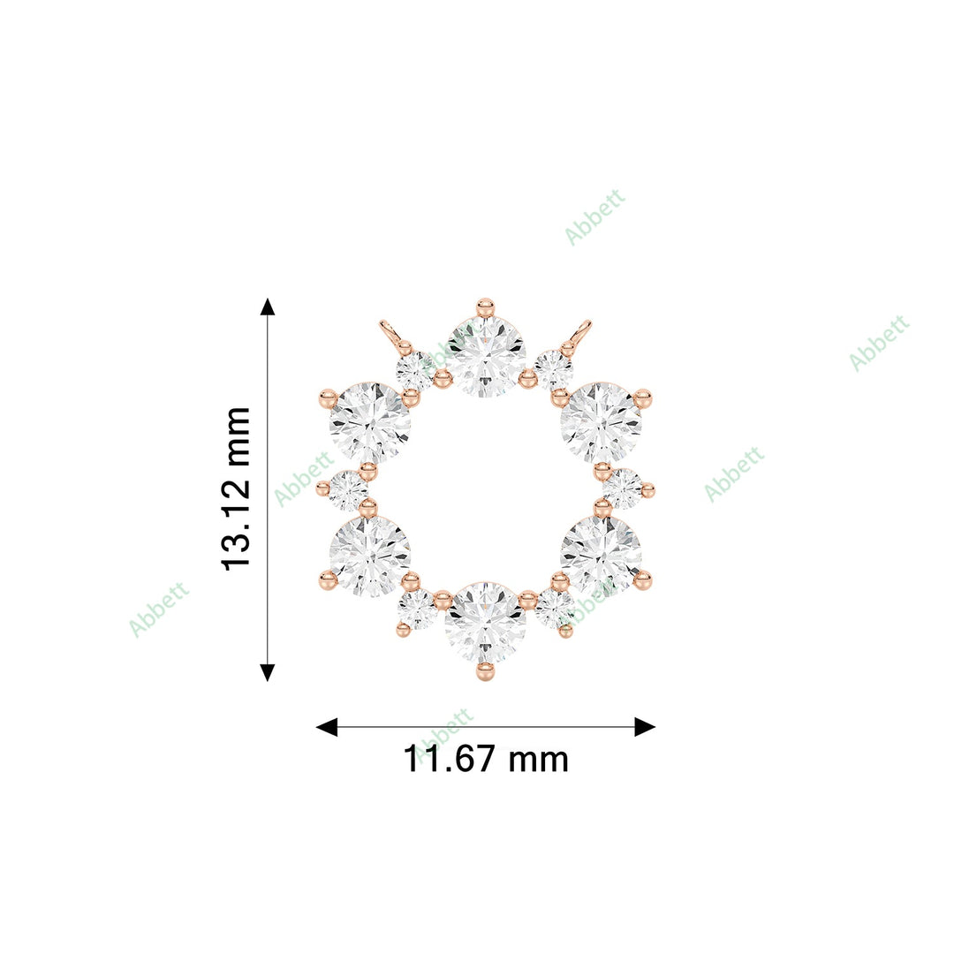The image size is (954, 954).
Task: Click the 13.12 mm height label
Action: (237, 488)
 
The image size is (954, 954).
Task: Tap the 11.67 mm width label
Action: (486, 759)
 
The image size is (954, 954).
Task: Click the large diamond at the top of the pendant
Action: (485, 357)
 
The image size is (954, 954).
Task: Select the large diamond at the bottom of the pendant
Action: (485, 623)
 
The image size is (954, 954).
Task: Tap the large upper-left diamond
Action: (370, 423)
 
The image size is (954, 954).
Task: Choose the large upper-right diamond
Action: (601, 423)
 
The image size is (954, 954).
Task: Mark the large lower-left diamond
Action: (370, 556)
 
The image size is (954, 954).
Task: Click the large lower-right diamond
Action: (601, 556)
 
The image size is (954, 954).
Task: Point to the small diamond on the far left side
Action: (348, 489)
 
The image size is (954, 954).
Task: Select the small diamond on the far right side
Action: (624, 489)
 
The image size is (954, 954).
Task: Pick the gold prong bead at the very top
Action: (485, 307)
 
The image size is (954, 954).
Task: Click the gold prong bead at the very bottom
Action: (485, 671)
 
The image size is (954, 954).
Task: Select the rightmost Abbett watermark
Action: (879, 343)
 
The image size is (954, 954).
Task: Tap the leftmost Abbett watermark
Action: (159, 609)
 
